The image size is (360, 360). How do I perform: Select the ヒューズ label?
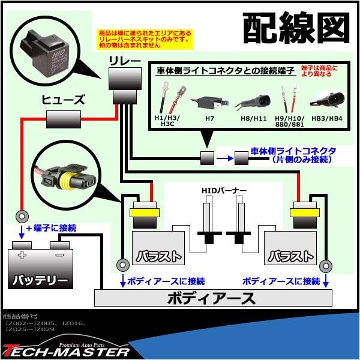[64, 100]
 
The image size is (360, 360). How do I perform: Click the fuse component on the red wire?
[64, 121]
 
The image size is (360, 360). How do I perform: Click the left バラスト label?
[157, 256]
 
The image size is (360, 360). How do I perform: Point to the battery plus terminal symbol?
[22, 255]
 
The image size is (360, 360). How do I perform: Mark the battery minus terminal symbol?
[58, 255]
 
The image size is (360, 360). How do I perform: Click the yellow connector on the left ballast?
[143, 212]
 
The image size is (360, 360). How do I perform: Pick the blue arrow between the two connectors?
[224, 158]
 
